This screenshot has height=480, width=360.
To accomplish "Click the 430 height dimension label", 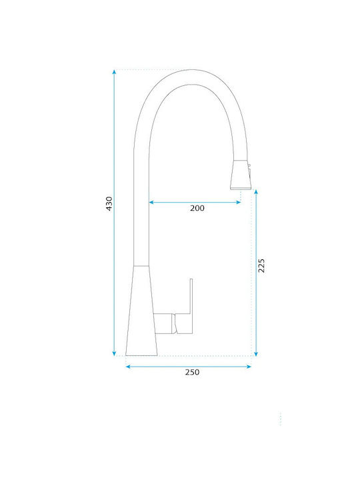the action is tap(109, 203).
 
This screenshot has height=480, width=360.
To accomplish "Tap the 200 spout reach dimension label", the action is tap(197, 208).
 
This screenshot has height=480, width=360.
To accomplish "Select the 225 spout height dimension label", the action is tap(261, 266).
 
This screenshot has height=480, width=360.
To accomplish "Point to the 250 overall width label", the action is tap(192, 372).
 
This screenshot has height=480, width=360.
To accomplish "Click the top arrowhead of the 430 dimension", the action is tap(114, 72).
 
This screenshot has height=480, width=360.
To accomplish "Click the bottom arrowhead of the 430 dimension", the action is tap(114, 353).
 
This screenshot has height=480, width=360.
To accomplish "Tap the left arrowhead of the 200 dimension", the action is tap(151, 202).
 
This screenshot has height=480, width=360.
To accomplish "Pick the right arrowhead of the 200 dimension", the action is tap(239, 202).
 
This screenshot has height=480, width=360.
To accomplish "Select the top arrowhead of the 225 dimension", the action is tap(256, 191).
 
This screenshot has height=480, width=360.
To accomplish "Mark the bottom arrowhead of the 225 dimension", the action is tap(256, 353).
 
